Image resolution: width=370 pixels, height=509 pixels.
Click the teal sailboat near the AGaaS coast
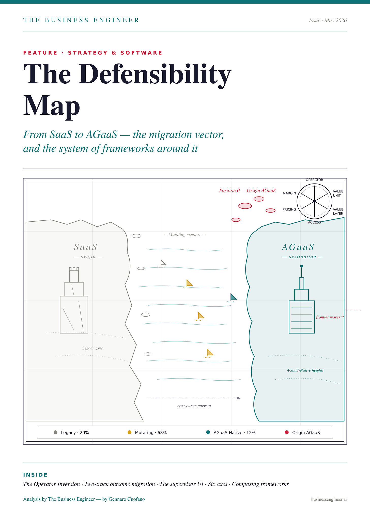(232, 298)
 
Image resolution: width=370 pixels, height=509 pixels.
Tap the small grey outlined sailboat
(162, 264)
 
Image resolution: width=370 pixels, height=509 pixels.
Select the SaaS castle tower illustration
(74, 300)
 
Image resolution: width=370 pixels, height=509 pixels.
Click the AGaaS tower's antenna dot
(301, 266)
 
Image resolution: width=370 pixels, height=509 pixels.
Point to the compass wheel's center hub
(314, 201)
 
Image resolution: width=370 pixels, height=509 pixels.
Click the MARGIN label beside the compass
(289, 193)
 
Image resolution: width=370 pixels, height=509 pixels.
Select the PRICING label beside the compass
(289, 209)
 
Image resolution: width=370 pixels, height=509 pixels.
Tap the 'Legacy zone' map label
(92, 348)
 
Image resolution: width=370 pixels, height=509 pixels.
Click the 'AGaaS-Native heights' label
(305, 370)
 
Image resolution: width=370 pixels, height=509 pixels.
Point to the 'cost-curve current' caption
(194, 406)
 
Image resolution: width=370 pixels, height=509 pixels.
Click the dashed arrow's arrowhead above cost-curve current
(239, 398)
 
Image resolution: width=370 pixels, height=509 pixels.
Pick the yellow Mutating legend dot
(130, 432)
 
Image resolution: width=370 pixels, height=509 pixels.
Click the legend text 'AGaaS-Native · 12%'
(235, 433)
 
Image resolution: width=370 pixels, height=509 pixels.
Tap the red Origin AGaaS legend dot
(287, 432)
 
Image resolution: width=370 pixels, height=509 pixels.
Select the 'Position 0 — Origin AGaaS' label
(248, 190)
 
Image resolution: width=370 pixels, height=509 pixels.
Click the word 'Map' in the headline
(52, 105)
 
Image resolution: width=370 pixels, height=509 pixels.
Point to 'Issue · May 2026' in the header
(328, 21)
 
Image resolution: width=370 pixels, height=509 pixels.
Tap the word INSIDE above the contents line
(35, 475)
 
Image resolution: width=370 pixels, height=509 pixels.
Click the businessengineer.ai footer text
(329, 499)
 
